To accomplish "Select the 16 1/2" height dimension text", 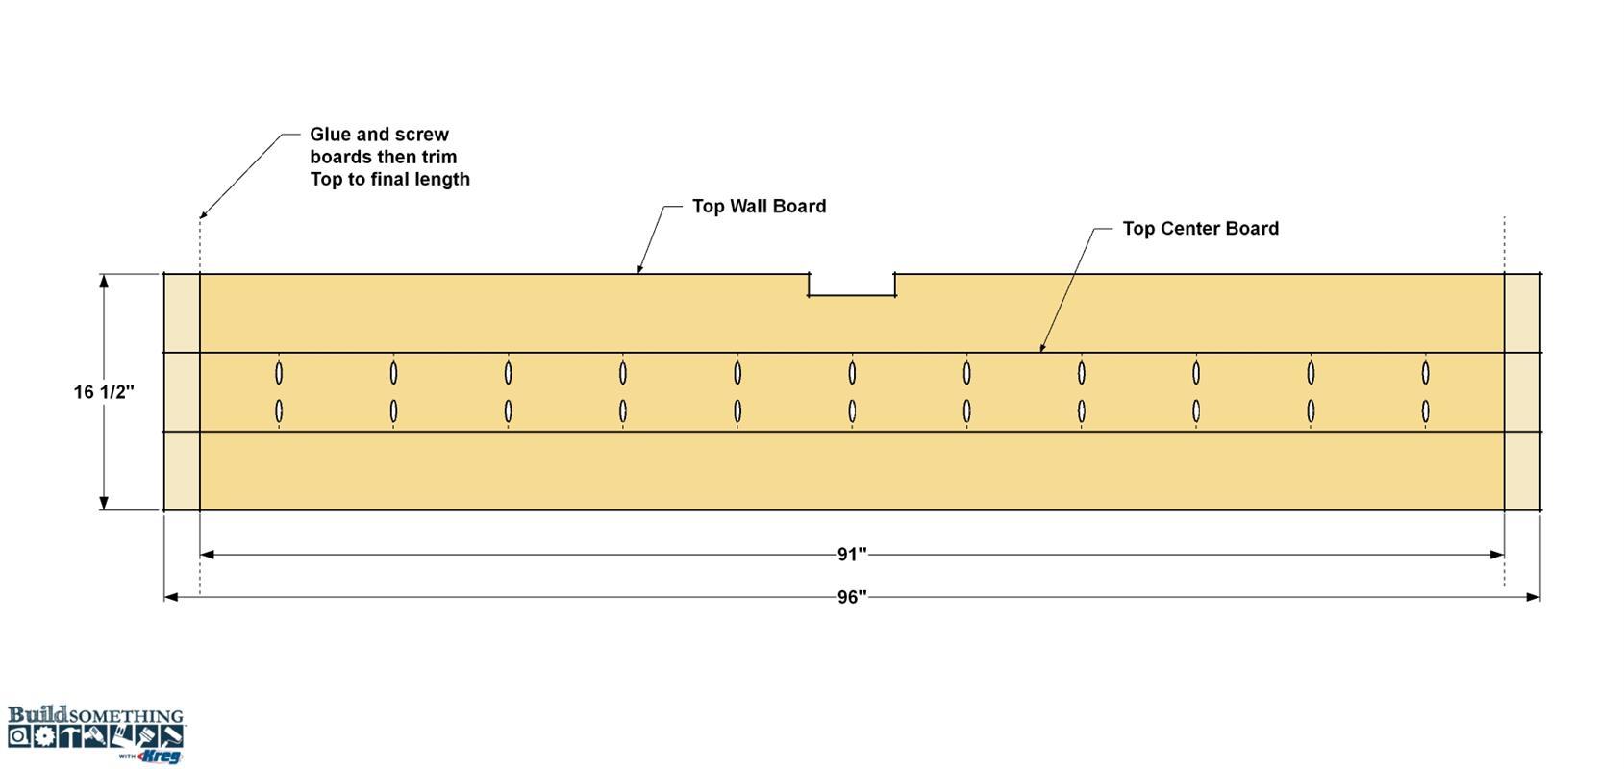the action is (104, 392).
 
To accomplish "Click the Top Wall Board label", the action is (759, 207).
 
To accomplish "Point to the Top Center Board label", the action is (1201, 229).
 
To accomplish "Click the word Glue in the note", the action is (330, 134).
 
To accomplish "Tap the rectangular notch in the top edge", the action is (852, 285).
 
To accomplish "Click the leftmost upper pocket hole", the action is (279, 373).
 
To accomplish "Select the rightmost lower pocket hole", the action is (1425, 411).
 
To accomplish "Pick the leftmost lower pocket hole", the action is (279, 411).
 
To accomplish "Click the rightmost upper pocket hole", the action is (1425, 373).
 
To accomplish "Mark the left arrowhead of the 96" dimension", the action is (171, 597).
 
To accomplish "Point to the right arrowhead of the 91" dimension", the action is (1497, 555).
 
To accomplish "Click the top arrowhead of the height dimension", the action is (104, 282).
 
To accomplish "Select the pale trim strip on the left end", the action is (182, 392).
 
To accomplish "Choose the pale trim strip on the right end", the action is (1522, 392).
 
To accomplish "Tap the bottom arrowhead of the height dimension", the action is (104, 503).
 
